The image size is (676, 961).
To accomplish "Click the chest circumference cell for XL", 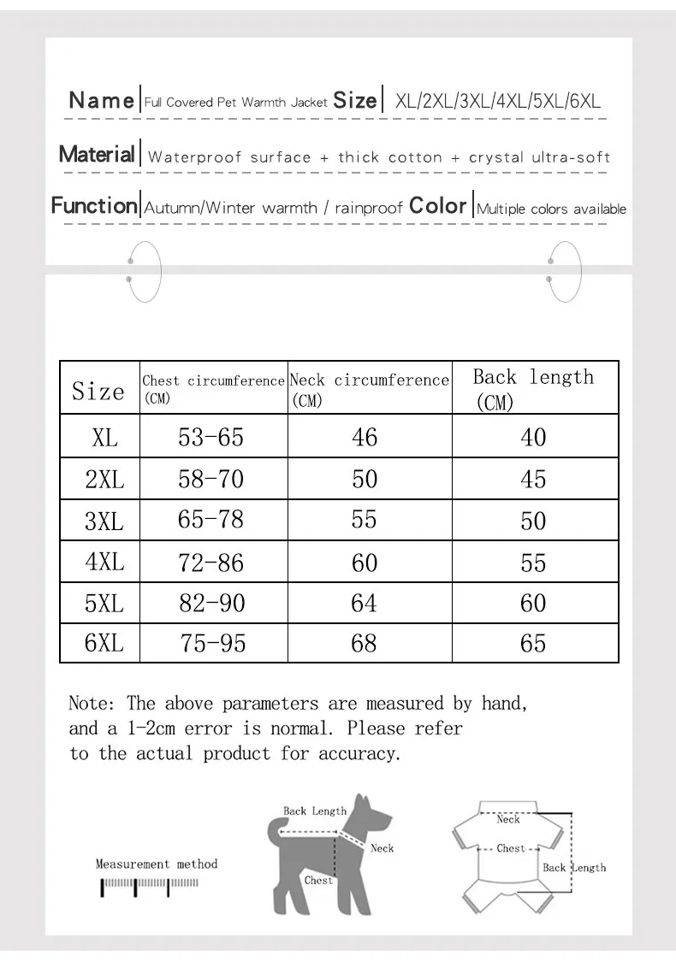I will point(211,437).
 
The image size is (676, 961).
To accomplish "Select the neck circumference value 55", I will point(365,519).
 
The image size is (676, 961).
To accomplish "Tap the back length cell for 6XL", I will point(533,643).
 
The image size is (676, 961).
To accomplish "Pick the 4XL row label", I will point(104,562).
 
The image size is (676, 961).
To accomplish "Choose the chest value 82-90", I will point(211,603).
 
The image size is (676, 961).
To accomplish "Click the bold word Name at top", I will point(101,100).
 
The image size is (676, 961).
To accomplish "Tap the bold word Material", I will point(97,155).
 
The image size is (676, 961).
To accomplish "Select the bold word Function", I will point(93,206).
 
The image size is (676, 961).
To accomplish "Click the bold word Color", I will point(437,206).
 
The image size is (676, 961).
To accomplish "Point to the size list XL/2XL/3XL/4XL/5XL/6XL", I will point(498,101).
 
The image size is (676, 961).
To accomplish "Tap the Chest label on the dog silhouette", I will point(318,880).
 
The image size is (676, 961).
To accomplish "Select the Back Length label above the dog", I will point(314,811).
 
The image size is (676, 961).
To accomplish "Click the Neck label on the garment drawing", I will point(508,819).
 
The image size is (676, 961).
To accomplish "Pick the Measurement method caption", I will point(156,864).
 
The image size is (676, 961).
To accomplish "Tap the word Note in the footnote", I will point(90,704).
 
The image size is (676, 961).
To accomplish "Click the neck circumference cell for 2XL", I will point(365,479).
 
